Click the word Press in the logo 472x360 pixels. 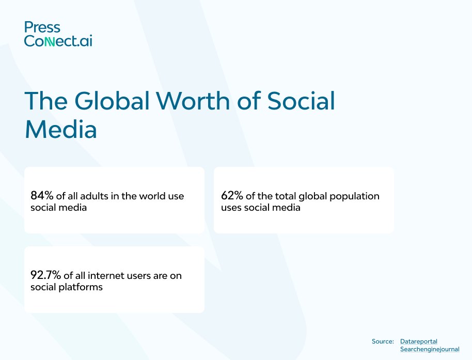click(x=42, y=27)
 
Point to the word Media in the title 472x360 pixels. click(x=61, y=129)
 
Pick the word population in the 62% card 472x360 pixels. click(x=354, y=196)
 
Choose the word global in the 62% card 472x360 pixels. click(x=310, y=196)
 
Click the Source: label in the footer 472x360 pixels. click(x=383, y=341)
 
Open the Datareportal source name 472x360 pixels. click(x=418, y=341)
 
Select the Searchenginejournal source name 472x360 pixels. click(x=430, y=350)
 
